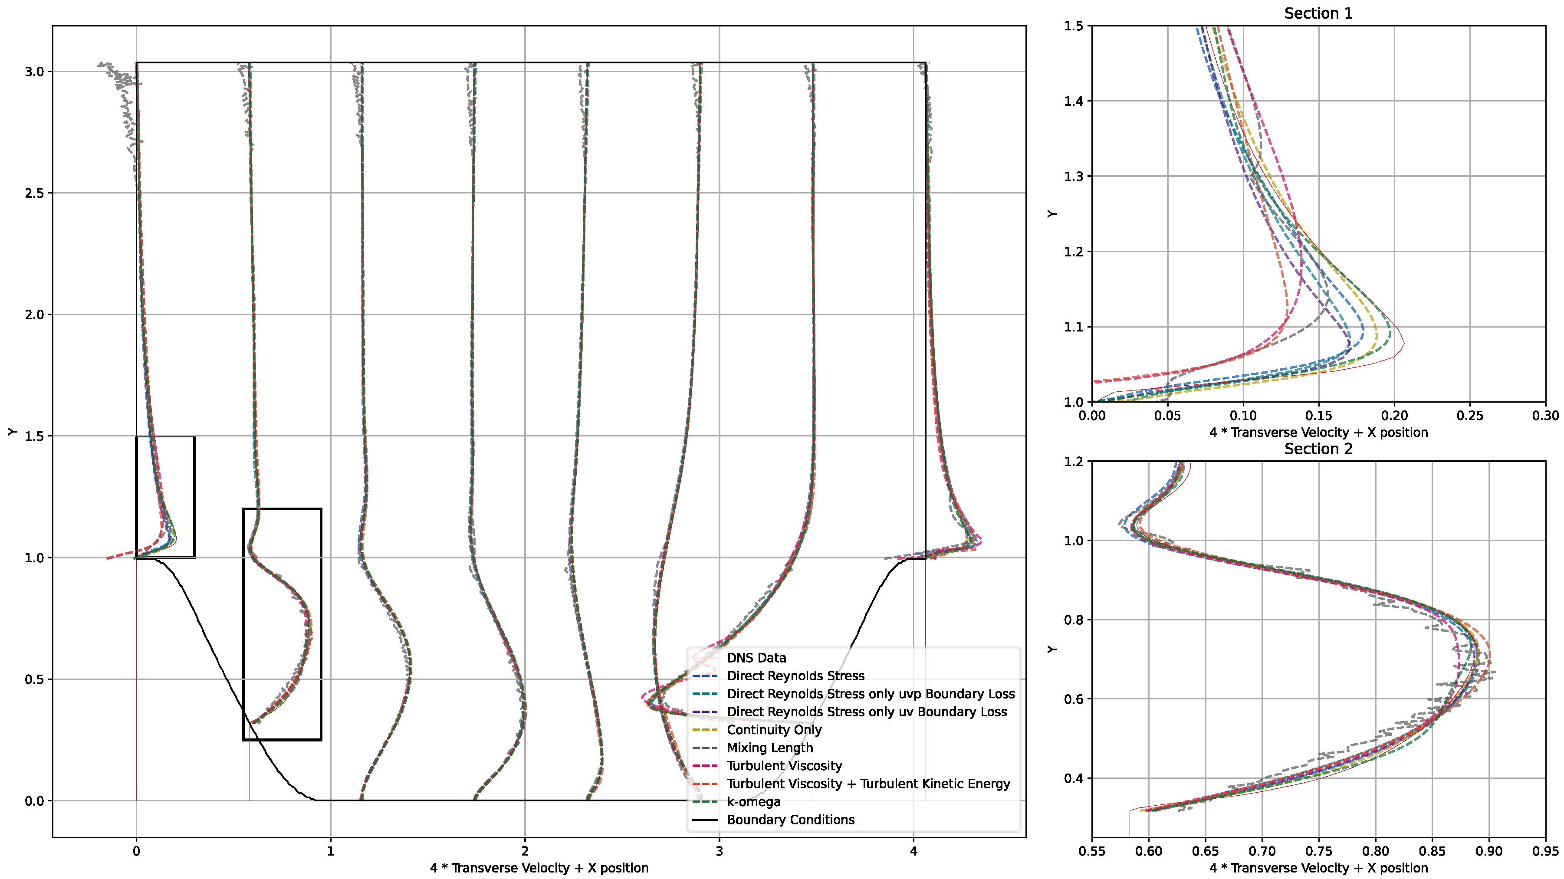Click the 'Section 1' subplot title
coord(1318,13)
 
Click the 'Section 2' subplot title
coord(1318,449)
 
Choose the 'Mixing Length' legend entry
coord(769,748)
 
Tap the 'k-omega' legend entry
coord(753,802)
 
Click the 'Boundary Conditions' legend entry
coord(791,820)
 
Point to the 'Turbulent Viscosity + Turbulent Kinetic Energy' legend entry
coord(868,784)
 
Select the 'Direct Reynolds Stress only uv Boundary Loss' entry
coord(866,712)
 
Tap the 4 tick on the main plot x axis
coord(914,851)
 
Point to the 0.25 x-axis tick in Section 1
coord(1470,416)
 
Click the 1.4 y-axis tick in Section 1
coord(1074,102)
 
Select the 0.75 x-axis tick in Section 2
coord(1319,851)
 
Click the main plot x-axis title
coord(539,868)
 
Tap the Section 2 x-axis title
coord(1318,868)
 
